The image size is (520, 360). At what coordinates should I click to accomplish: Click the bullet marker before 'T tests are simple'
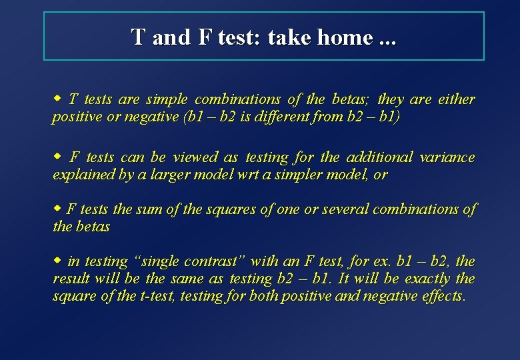pyautogui.click(x=57, y=99)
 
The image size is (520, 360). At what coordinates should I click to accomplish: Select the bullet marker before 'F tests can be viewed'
pyautogui.click(x=57, y=157)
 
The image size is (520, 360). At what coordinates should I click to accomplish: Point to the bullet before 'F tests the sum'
pyautogui.click(x=57, y=208)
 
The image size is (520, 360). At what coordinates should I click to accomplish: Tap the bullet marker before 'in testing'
pyautogui.click(x=57, y=260)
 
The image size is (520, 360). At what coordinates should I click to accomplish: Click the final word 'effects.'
pyautogui.click(x=443, y=297)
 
